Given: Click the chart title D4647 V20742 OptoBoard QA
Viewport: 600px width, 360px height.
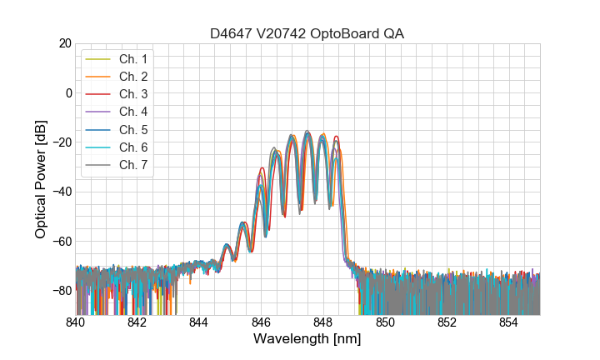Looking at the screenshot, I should pos(307,33).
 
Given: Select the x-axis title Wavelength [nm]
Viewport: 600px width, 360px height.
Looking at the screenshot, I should pos(307,339).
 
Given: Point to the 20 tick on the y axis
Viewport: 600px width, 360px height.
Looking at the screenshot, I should pos(63,43).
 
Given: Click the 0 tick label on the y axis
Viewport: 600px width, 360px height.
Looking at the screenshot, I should pos(67,92).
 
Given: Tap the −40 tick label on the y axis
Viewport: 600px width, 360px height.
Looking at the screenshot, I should pos(61,192).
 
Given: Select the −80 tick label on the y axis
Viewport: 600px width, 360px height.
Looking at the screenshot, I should pos(61,290).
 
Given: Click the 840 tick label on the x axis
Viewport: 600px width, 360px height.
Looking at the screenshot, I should pos(76,322).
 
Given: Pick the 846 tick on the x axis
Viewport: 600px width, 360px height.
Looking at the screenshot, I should pos(261,322).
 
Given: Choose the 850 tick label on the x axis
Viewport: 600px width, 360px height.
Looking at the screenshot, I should pos(385,322).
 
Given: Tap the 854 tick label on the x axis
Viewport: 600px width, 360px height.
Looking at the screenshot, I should pos(508,322).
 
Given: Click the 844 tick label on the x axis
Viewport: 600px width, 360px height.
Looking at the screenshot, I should pos(199,322).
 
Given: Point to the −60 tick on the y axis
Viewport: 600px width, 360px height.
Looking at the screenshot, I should pos(61,241).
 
